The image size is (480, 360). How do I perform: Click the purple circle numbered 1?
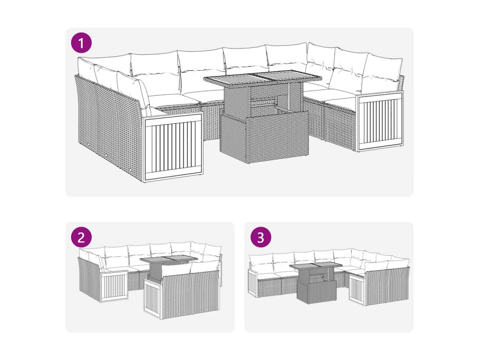point(82,43)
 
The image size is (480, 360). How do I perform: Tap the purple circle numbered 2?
point(82,237)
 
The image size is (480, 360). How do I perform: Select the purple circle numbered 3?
point(261,237)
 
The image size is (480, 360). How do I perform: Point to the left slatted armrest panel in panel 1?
point(174,147)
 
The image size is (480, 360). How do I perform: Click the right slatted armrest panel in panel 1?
point(380,121)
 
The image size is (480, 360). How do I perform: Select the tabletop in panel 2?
point(169,260)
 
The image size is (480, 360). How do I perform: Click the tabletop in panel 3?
point(315,266)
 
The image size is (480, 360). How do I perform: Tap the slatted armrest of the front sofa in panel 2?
point(153,297)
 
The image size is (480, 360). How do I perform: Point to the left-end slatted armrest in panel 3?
point(253,282)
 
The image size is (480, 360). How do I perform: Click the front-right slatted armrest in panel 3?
point(357,289)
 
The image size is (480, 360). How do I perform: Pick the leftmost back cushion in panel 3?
point(261,263)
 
